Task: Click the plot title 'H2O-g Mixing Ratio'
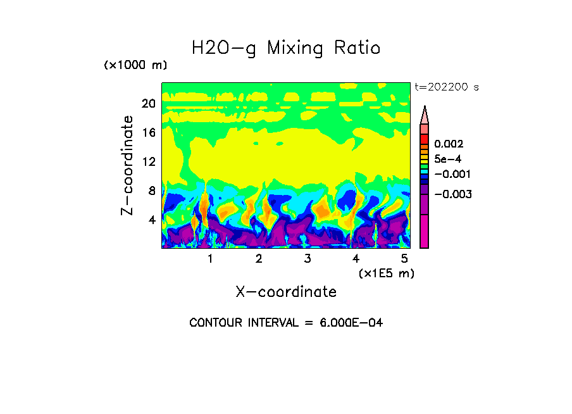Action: click(x=286, y=48)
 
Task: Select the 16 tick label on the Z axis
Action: click(x=148, y=132)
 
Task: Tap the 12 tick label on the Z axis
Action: click(x=148, y=161)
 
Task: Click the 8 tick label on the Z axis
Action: click(x=152, y=191)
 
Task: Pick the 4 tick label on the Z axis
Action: click(x=152, y=220)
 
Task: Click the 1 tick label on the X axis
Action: click(x=210, y=259)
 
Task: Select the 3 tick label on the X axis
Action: click(x=307, y=259)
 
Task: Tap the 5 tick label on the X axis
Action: click(x=404, y=259)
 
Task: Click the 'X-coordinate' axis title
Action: click(x=286, y=292)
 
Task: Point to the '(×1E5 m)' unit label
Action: click(x=387, y=273)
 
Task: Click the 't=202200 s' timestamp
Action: click(x=447, y=87)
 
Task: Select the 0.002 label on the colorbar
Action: click(x=449, y=144)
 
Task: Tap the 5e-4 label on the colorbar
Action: click(x=447, y=159)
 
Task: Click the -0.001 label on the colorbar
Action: click(x=452, y=174)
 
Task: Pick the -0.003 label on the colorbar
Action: click(x=452, y=194)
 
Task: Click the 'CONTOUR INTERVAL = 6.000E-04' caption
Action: click(x=286, y=323)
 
